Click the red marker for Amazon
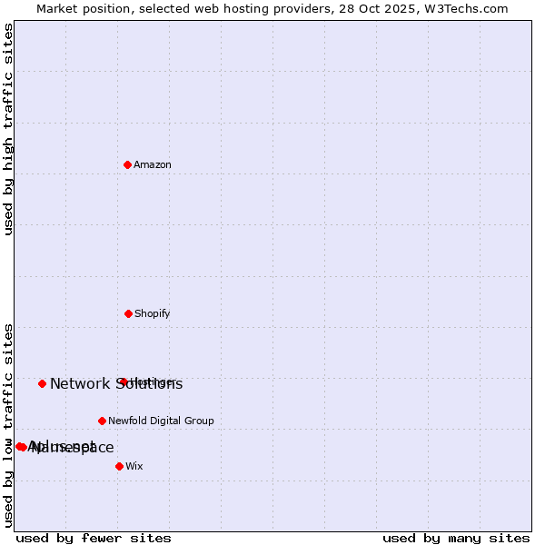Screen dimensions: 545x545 click(128, 164)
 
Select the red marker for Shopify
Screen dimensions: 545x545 click(128, 313)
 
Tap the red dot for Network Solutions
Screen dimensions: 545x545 click(42, 383)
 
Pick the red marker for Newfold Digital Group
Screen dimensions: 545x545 click(102, 421)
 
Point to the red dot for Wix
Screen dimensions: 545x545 click(119, 466)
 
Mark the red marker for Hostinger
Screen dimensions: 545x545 click(123, 381)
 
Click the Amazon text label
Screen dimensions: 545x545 click(153, 164)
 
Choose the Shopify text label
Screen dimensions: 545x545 click(153, 313)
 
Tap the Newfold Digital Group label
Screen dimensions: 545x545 click(162, 421)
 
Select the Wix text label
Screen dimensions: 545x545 click(134, 466)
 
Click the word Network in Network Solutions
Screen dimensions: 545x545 click(80, 383)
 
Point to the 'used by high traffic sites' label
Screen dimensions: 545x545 click(9, 129)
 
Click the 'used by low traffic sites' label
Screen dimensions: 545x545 click(9, 425)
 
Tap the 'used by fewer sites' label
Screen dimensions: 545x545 click(94, 538)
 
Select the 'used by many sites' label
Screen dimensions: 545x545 click(456, 538)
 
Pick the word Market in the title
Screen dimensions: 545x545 click(57, 8)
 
